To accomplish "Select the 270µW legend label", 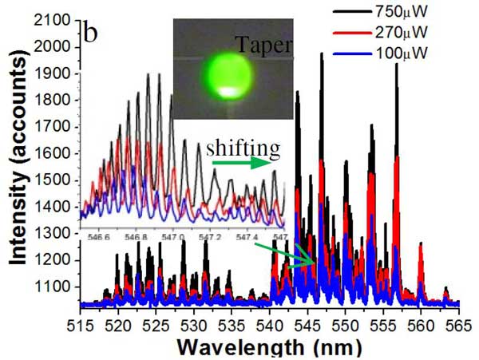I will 431,38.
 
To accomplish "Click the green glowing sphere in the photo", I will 232,74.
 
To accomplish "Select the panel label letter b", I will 92,34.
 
